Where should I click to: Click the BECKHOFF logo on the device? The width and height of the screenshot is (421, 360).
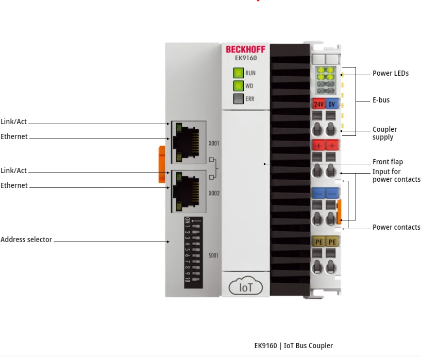tap(245, 49)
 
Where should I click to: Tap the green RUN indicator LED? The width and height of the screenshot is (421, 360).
tap(238, 73)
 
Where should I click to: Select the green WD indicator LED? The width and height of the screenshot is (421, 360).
tap(238, 86)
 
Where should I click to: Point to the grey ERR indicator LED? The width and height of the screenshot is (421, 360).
tap(238, 99)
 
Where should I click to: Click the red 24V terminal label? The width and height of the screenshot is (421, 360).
tap(318, 104)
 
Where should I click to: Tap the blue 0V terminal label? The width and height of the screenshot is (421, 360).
tap(332, 104)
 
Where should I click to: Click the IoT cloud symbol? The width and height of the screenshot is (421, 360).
tap(246, 286)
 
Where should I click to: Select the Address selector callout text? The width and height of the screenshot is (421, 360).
tap(26, 239)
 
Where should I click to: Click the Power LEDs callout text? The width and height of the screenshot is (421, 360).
tap(390, 73)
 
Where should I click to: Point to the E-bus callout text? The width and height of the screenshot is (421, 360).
tap(381, 100)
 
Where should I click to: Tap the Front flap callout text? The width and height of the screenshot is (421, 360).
tap(388, 162)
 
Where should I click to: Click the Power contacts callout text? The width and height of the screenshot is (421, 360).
tap(396, 227)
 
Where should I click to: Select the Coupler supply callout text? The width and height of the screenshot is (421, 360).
tap(384, 133)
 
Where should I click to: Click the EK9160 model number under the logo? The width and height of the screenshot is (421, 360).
tap(245, 58)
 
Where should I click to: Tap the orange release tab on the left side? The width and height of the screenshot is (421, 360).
tap(161, 164)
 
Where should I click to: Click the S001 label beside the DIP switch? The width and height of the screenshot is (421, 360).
tap(214, 255)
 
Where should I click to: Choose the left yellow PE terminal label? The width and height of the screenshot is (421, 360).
tap(318, 242)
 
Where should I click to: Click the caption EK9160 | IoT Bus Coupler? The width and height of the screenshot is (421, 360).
tap(293, 346)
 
